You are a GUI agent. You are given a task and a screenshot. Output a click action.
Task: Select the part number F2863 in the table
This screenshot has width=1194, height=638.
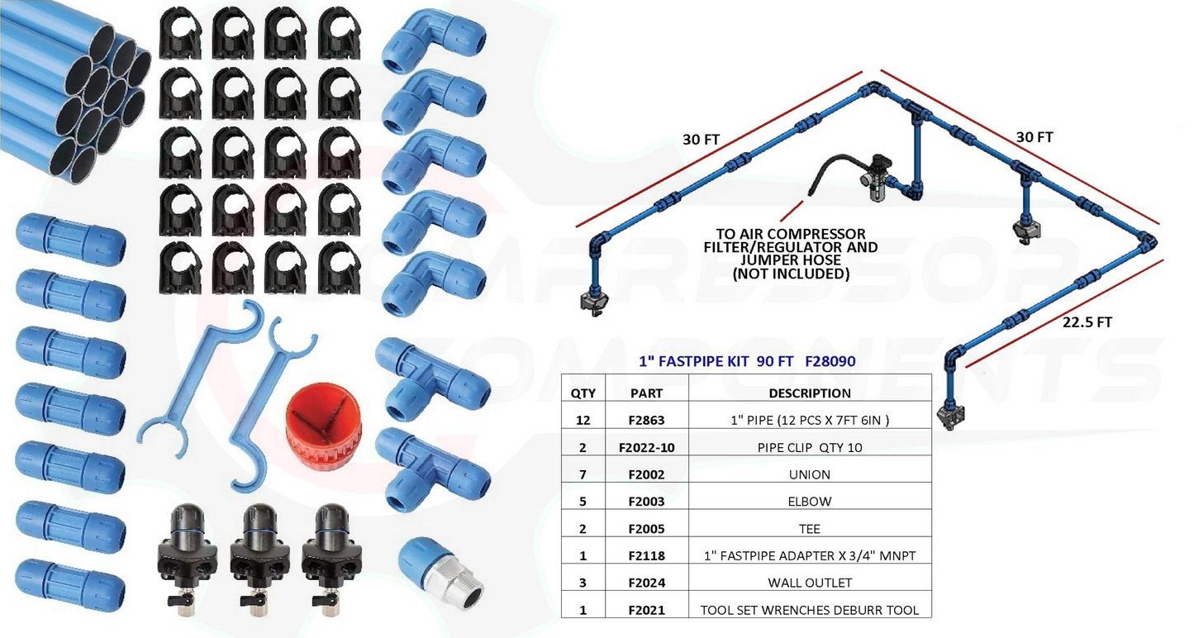point(646,421)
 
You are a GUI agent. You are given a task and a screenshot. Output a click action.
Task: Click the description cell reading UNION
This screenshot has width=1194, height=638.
point(809,474)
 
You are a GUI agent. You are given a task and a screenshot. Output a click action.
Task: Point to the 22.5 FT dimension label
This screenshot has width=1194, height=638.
point(1087,322)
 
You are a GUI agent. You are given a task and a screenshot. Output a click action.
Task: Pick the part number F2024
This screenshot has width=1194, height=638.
point(646,583)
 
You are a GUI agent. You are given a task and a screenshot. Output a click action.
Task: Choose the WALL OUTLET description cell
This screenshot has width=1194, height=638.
point(809,583)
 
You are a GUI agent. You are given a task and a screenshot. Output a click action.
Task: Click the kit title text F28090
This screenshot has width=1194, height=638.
point(830,361)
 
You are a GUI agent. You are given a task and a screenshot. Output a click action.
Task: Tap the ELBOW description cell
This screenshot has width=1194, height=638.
point(809,502)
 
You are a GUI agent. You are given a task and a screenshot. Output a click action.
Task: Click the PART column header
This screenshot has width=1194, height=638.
point(646,393)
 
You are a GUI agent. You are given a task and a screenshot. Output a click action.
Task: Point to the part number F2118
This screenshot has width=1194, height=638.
point(646,555)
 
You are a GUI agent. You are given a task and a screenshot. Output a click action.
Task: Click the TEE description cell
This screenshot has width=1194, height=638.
point(809,529)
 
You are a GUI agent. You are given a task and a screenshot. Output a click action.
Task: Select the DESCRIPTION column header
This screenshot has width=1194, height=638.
point(809,393)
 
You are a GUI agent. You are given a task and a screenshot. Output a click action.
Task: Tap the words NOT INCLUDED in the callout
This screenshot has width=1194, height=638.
point(791,274)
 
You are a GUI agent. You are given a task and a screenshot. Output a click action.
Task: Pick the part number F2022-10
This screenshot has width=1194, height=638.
point(646,448)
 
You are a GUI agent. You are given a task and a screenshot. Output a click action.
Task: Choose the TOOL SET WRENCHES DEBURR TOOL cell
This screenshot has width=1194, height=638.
point(809,610)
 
